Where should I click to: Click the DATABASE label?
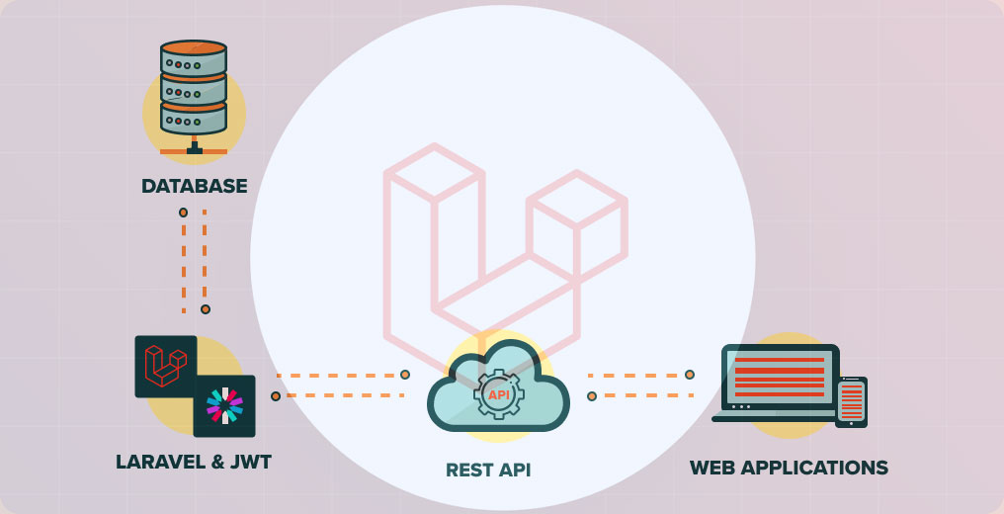pyautogui.click(x=194, y=186)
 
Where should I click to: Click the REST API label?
pyautogui.click(x=488, y=470)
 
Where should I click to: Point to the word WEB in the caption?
pyautogui.click(x=713, y=468)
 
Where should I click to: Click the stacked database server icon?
pyautogui.click(x=194, y=89)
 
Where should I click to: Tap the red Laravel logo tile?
pyautogui.click(x=165, y=366)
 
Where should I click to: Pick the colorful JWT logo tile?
pyautogui.click(x=224, y=405)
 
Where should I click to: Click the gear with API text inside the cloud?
pyautogui.click(x=499, y=394)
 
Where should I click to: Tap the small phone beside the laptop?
pyautogui.click(x=851, y=401)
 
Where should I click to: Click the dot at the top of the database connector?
pyautogui.click(x=183, y=213)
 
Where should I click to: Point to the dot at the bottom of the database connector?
pyautogui.click(x=206, y=309)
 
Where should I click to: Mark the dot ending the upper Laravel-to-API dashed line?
pyautogui.click(x=405, y=375)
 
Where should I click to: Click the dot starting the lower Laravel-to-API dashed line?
pyautogui.click(x=276, y=396)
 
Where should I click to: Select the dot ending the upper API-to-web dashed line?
pyautogui.click(x=690, y=375)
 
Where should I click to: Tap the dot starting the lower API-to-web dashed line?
pyautogui.click(x=592, y=396)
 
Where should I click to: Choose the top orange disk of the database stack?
pyautogui.click(x=194, y=46)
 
